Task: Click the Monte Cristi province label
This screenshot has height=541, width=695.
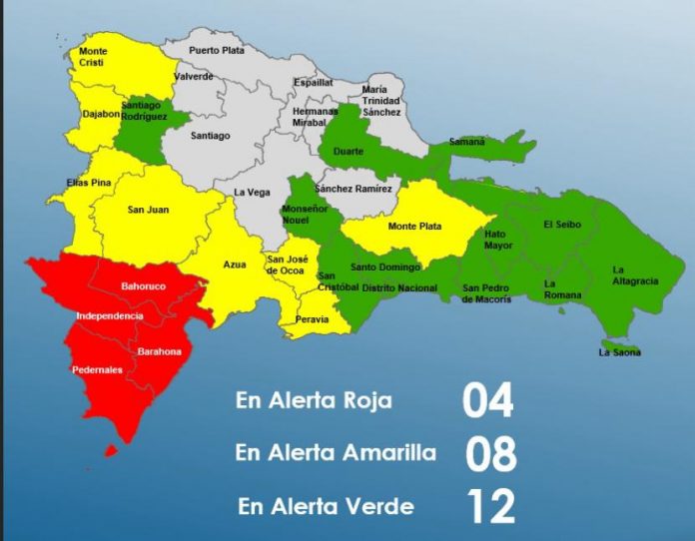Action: (x=93, y=56)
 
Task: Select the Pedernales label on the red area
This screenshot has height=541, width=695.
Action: (x=97, y=369)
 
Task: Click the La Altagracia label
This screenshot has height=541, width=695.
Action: (x=635, y=275)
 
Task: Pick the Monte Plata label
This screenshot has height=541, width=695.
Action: (x=414, y=227)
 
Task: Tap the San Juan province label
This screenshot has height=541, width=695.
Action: (x=148, y=210)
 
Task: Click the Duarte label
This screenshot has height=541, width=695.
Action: (x=348, y=151)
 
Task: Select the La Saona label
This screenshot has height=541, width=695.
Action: (x=619, y=352)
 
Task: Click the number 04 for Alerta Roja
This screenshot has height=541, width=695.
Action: (x=487, y=400)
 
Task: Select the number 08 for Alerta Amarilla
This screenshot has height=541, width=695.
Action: (x=490, y=453)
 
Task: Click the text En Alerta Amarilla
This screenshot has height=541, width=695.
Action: (x=336, y=453)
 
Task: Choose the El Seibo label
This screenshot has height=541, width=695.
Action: (x=560, y=225)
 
